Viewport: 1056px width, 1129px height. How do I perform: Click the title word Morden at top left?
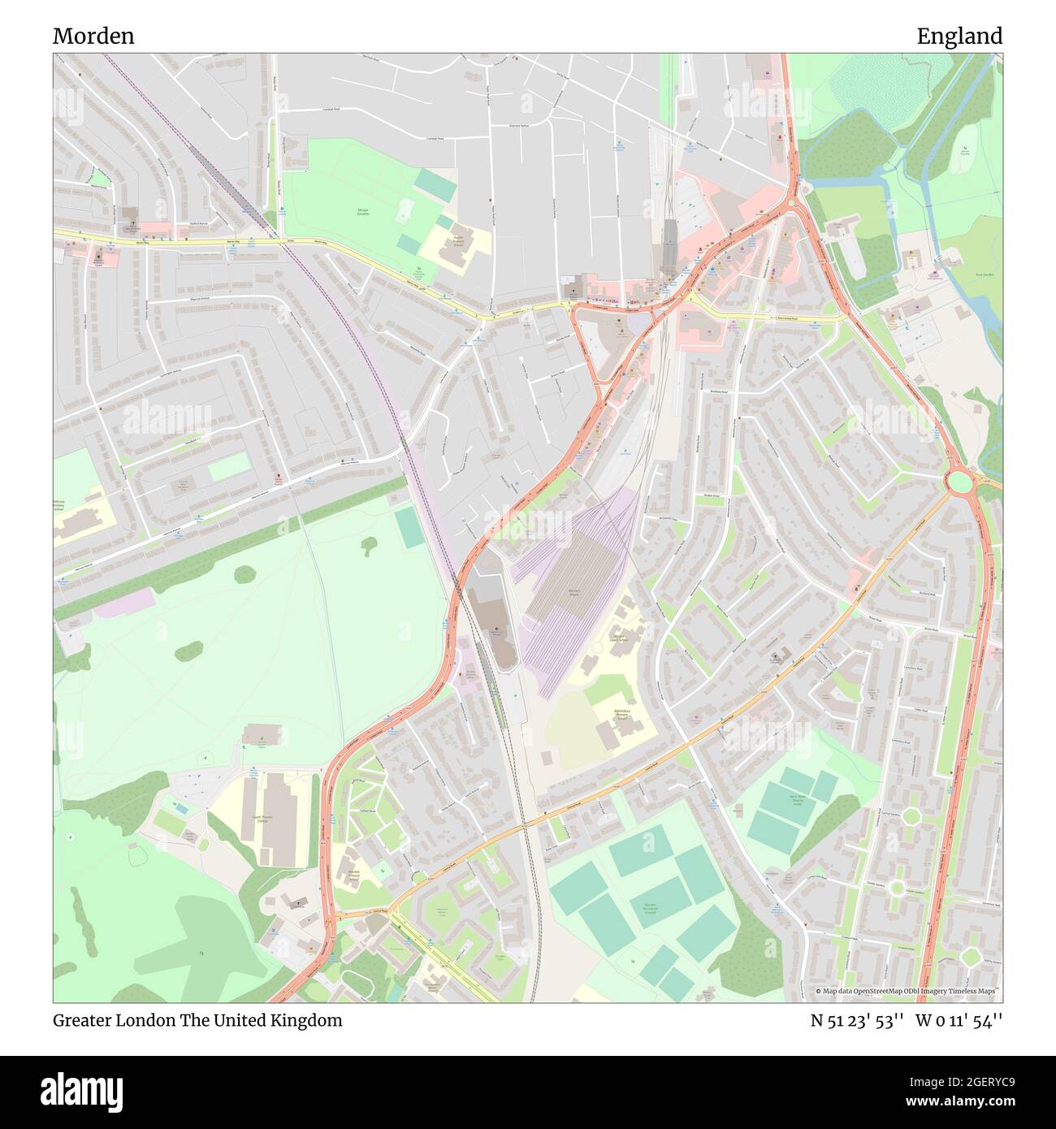pos(93,37)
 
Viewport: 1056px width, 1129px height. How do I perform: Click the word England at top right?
pos(959,37)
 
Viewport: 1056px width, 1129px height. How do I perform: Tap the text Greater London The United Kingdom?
pos(197,1021)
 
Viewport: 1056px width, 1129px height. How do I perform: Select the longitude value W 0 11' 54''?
pos(959,1021)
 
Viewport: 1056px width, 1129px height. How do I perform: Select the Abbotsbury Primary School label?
pos(621,716)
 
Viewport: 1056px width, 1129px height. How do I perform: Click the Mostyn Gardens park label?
pos(363,212)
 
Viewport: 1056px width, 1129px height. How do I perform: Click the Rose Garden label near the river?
pos(985,275)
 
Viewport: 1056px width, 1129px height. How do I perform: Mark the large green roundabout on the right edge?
pos(960,482)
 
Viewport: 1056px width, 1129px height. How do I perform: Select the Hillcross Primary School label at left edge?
pos(64,508)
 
